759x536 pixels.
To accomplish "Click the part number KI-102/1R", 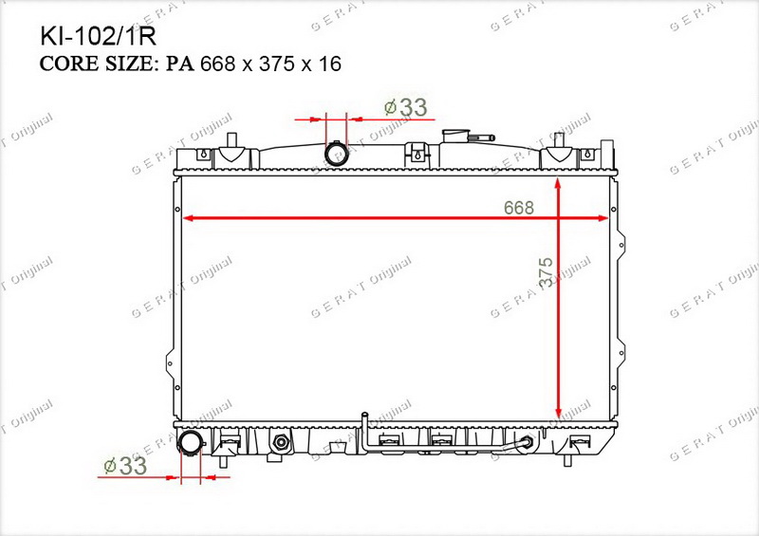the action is click(99, 36).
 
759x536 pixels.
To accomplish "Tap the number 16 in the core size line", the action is click(329, 64).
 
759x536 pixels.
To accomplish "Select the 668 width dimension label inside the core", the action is click(518, 208).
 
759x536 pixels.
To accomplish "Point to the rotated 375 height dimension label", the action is click(546, 273).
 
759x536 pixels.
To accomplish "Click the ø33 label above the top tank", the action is click(406, 107).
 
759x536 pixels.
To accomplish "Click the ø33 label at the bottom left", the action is click(125, 466).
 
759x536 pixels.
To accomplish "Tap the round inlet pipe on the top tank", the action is click(336, 154).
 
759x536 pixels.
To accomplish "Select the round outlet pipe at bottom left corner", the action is click(190, 442).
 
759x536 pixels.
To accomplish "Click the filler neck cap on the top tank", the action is click(455, 135).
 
